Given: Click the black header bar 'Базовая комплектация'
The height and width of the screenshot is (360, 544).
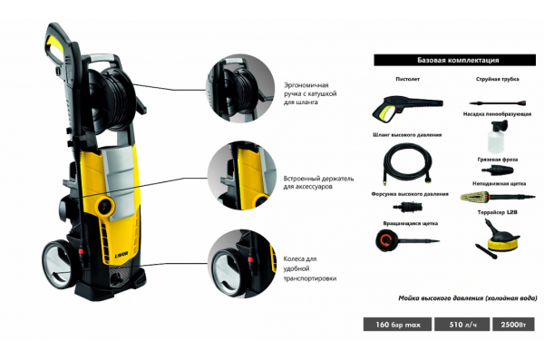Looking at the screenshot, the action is pos(454,60).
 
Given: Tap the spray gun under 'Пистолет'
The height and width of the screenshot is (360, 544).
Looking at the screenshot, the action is pos(406,108).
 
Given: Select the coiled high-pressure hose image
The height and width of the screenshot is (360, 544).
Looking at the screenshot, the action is pos(408,163).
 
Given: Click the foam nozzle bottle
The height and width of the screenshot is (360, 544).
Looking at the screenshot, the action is pos(497,136).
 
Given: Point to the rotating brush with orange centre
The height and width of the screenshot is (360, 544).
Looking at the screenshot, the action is pos(385,240).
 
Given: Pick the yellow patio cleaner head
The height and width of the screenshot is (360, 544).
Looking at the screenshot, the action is pos(502,244).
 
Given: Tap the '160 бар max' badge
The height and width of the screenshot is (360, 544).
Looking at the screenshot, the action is pos(398,325).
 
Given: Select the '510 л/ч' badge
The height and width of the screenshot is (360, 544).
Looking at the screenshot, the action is pos(462,325).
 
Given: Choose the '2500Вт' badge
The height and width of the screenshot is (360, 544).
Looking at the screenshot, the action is pos(513,325).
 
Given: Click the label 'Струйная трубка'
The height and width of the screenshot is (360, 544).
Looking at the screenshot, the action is pos(498,79).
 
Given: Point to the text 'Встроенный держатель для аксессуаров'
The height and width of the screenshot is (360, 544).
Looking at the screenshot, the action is pos(318,182).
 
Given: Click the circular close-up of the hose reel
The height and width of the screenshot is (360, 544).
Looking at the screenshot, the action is pos(240,88).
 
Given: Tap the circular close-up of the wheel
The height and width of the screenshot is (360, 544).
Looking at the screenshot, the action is pos(242,264).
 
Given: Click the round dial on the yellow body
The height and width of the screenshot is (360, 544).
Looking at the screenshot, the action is pos(106,206).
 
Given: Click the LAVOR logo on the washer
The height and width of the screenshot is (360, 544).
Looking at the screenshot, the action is pos(121,257).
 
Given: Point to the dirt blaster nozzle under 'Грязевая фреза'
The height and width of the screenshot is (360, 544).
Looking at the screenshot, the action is pos(497,170).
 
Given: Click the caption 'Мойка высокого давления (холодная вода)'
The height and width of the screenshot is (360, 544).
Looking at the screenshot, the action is pos(467,298).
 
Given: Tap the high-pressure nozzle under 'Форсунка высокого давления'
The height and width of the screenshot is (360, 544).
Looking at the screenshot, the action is pos(408,207).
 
